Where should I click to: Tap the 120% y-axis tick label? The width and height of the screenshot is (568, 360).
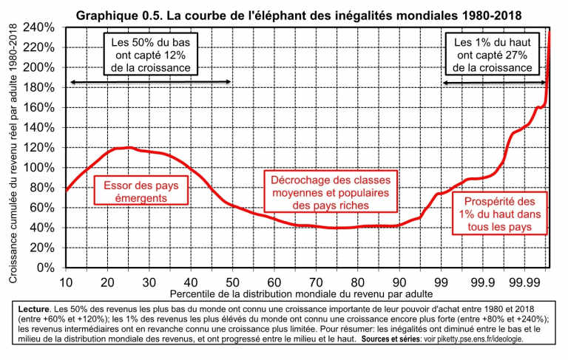(41, 148)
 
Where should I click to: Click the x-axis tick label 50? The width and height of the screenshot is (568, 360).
(232, 282)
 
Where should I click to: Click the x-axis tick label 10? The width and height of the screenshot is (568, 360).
(66, 282)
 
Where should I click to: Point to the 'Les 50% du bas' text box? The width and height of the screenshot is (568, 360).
(150, 55)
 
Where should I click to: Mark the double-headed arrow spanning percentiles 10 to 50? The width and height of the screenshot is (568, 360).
(150, 82)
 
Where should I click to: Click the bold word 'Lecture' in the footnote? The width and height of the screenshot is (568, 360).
(33, 307)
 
